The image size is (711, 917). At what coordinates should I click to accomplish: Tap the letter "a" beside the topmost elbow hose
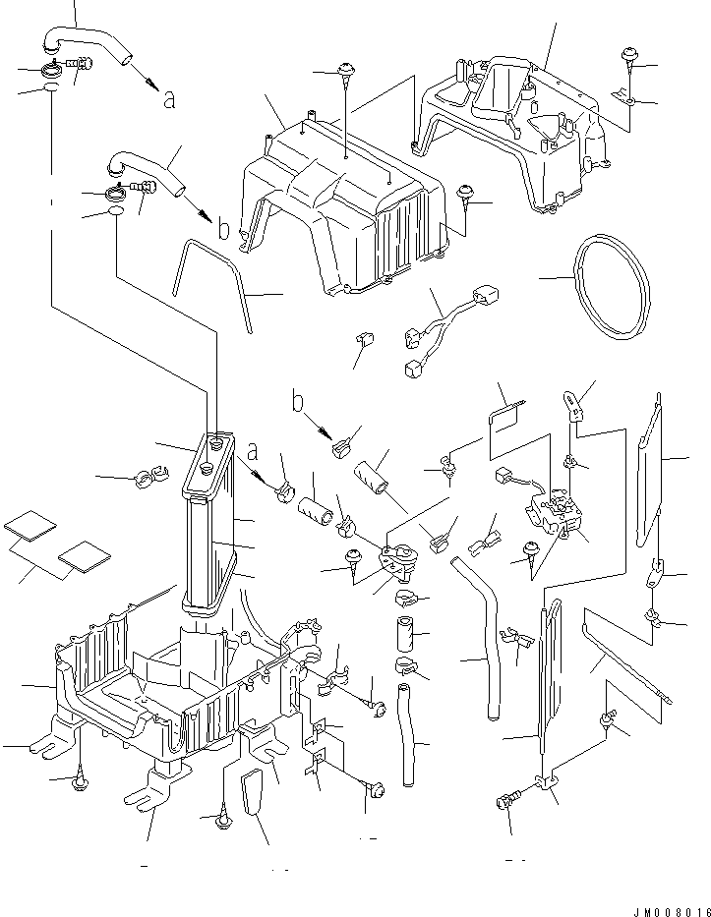coord(169,99)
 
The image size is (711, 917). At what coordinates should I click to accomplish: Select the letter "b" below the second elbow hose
coord(224,230)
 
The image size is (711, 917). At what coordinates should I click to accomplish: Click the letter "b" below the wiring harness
coord(296,402)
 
